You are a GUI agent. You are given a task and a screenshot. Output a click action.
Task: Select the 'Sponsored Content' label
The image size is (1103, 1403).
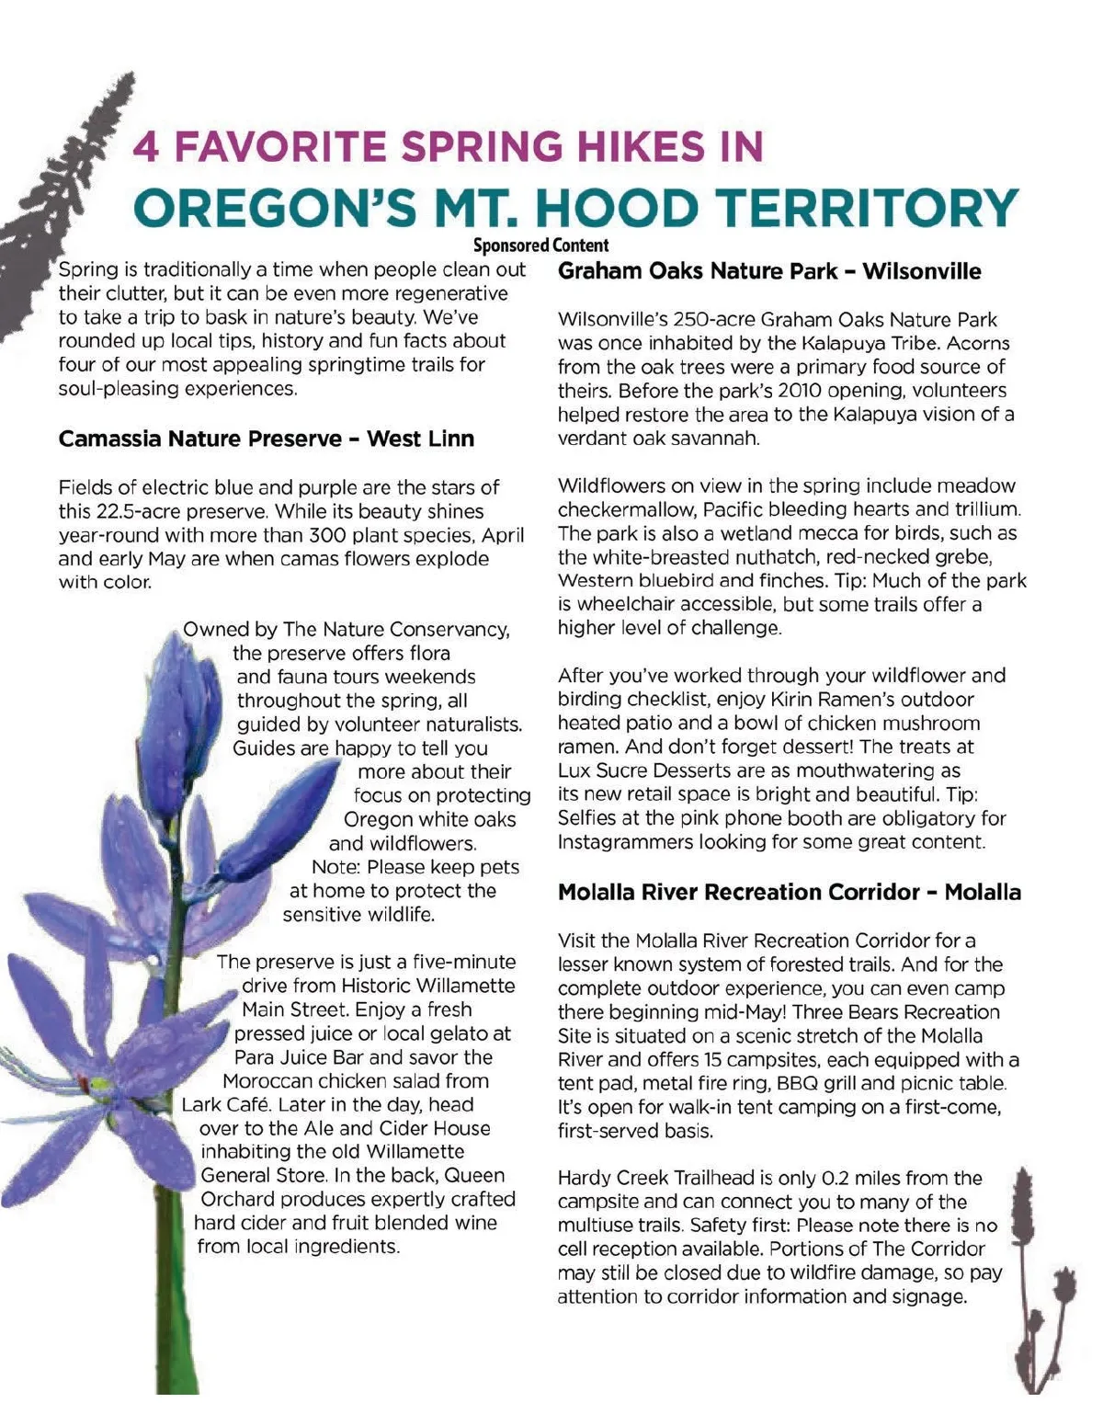[540, 245]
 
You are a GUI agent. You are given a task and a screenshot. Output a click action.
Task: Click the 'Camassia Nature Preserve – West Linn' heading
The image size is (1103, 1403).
[267, 439]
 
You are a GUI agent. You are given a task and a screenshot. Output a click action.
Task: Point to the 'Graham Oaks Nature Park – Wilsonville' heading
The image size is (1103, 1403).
[769, 271]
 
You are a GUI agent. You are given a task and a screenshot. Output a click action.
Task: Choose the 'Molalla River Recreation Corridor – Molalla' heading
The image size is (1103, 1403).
[789, 892]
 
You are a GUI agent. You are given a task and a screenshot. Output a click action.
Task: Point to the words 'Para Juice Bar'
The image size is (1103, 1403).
[298, 1057]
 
